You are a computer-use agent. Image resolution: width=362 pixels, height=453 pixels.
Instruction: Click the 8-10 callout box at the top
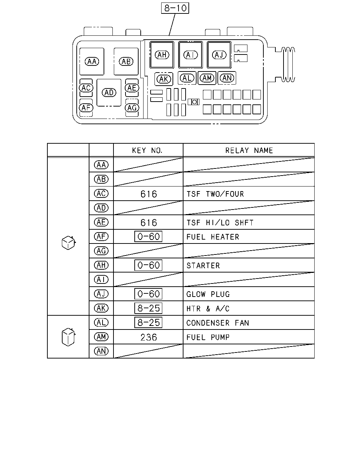point(175,8)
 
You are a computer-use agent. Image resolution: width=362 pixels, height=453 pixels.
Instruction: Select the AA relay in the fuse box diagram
point(92,62)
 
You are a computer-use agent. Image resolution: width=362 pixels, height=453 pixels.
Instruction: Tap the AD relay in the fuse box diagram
point(109,93)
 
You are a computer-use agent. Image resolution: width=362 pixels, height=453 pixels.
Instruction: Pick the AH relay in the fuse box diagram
point(162,55)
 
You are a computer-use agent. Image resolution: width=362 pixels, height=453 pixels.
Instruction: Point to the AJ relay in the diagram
point(219,55)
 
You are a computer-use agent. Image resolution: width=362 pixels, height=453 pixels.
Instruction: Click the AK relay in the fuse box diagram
point(164,79)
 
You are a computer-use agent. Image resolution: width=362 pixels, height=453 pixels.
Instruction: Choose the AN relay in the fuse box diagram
point(227,78)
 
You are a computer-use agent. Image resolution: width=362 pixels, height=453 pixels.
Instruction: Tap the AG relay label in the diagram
point(132,108)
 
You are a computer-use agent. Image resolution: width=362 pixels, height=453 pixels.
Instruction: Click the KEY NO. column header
point(147,150)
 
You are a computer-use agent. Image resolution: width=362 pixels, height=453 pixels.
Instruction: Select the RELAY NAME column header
point(249,150)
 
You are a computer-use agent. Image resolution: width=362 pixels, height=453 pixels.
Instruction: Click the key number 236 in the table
point(149,337)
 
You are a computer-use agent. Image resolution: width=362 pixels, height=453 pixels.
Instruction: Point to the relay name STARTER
point(203,266)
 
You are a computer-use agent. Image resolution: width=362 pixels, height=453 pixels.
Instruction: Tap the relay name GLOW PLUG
point(208,294)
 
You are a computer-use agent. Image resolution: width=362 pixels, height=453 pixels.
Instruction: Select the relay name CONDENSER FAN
point(218,323)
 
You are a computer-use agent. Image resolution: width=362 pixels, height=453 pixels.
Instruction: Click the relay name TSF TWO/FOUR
point(215,194)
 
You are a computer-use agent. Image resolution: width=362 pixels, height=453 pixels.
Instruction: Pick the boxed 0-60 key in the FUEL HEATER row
point(148,237)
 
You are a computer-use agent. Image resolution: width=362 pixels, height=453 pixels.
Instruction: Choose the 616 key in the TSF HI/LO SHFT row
point(149,223)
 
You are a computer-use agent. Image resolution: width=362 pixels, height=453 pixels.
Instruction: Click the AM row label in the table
point(101,337)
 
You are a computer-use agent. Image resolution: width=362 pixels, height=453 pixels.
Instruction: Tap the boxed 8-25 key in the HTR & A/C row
point(148,308)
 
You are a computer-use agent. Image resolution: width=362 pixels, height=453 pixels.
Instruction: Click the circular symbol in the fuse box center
point(194,102)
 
